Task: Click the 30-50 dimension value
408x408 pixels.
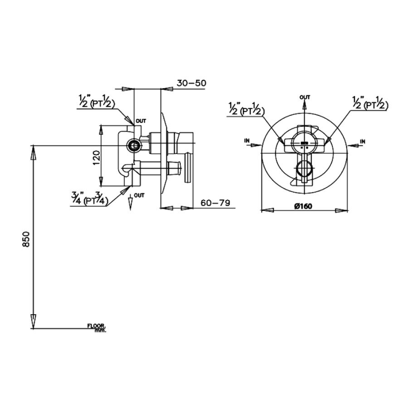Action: point(191,83)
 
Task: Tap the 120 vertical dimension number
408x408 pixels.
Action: point(96,159)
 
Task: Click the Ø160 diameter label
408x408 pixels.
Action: point(303,206)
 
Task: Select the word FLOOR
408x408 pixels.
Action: point(96,326)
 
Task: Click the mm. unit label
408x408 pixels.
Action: point(100,330)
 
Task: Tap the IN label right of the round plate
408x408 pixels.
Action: point(362,142)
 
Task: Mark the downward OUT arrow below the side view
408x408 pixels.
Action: point(131,203)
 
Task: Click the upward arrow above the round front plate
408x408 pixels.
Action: point(304,106)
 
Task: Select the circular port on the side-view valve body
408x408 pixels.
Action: point(134,145)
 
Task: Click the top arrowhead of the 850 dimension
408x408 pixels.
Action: point(33,152)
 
